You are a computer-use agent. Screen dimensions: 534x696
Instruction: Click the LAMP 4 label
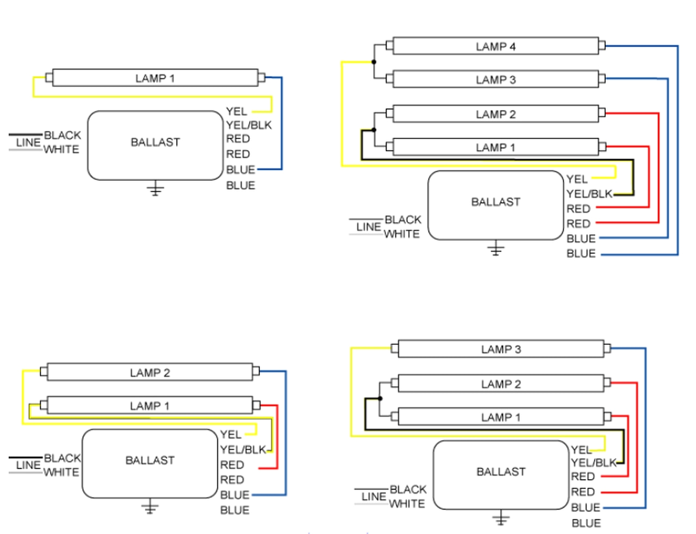click(x=495, y=47)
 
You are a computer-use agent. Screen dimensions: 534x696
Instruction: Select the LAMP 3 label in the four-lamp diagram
click(x=495, y=80)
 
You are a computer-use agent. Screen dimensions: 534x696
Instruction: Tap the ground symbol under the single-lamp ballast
click(x=155, y=189)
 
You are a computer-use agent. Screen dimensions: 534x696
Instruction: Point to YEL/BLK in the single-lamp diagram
click(x=248, y=125)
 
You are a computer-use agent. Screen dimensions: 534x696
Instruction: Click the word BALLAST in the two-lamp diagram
click(x=150, y=460)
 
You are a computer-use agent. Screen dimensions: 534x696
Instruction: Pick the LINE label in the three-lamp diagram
click(x=374, y=497)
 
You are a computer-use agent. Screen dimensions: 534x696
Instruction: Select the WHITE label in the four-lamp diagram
click(x=402, y=234)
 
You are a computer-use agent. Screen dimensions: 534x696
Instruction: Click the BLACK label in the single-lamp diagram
click(x=62, y=135)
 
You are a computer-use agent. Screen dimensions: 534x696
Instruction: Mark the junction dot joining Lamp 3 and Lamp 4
click(x=374, y=62)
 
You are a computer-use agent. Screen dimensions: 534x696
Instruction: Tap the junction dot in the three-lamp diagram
click(x=380, y=398)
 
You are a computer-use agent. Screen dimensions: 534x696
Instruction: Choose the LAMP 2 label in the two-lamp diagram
click(x=150, y=373)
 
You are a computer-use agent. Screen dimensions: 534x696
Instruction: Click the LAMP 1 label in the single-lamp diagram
click(x=155, y=78)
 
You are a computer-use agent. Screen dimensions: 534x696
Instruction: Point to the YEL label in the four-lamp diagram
click(x=576, y=179)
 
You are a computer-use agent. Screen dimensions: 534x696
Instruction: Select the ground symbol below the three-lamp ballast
click(x=501, y=518)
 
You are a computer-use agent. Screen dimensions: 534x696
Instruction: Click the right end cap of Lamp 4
click(x=602, y=46)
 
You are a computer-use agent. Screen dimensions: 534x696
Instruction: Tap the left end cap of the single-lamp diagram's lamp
click(x=49, y=78)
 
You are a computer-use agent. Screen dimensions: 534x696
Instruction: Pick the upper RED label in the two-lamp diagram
click(x=232, y=465)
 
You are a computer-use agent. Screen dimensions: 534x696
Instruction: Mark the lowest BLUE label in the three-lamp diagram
click(x=586, y=523)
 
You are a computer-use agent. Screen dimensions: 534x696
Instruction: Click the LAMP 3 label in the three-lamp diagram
click(x=501, y=349)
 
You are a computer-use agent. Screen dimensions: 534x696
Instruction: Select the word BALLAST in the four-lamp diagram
click(x=495, y=202)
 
